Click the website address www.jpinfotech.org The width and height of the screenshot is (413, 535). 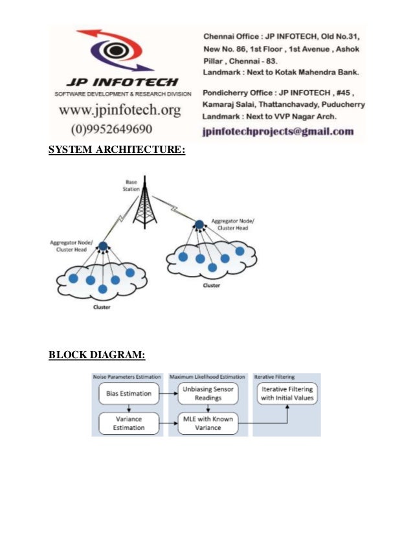tap(120, 111)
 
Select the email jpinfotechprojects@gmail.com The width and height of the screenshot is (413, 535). tap(278, 131)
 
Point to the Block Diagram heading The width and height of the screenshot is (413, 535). tap(97, 354)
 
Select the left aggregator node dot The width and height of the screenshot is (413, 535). tap(102, 246)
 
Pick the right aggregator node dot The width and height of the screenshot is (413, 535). tap(199, 224)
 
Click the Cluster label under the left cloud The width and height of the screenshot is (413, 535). tap(102, 307)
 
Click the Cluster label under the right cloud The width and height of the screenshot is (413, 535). tap(211, 285)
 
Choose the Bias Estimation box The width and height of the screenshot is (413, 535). tap(129, 393)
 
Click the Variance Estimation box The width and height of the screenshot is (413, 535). tap(129, 423)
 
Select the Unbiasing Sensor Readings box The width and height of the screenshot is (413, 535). tap(208, 393)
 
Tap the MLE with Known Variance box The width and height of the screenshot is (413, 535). tap(208, 423)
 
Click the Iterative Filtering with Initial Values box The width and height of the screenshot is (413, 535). tap(286, 393)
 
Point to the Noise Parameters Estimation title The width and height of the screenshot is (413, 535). tap(128, 376)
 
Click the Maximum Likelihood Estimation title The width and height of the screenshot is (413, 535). tap(207, 376)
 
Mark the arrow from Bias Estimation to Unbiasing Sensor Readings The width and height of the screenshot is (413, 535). tap(167, 393)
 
